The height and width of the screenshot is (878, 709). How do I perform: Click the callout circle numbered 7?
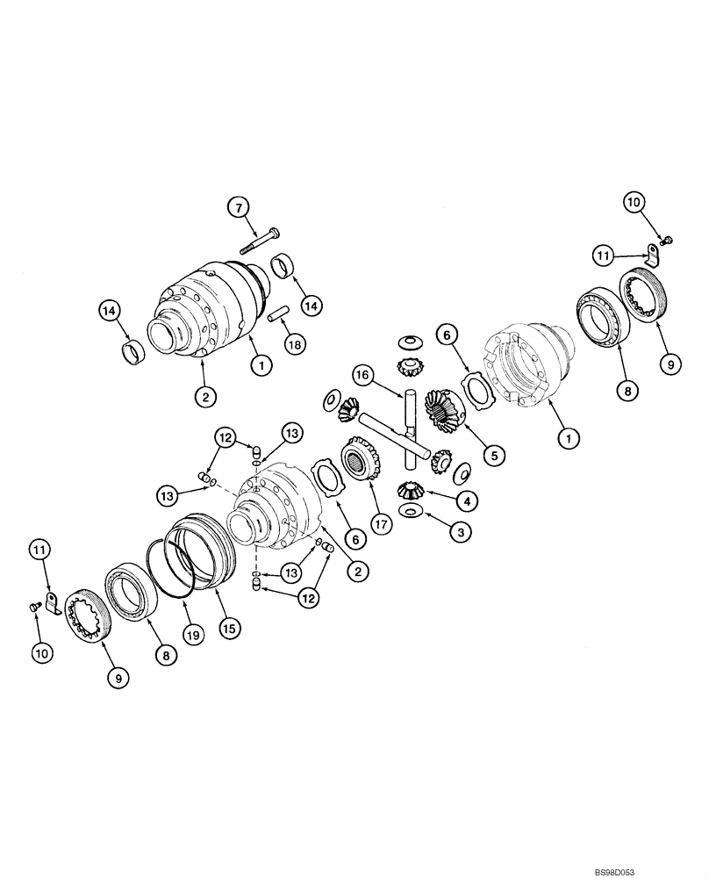coord(236,208)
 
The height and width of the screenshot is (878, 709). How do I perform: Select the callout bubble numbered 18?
coord(295,344)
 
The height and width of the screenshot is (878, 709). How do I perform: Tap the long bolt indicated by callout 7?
coord(261,237)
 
